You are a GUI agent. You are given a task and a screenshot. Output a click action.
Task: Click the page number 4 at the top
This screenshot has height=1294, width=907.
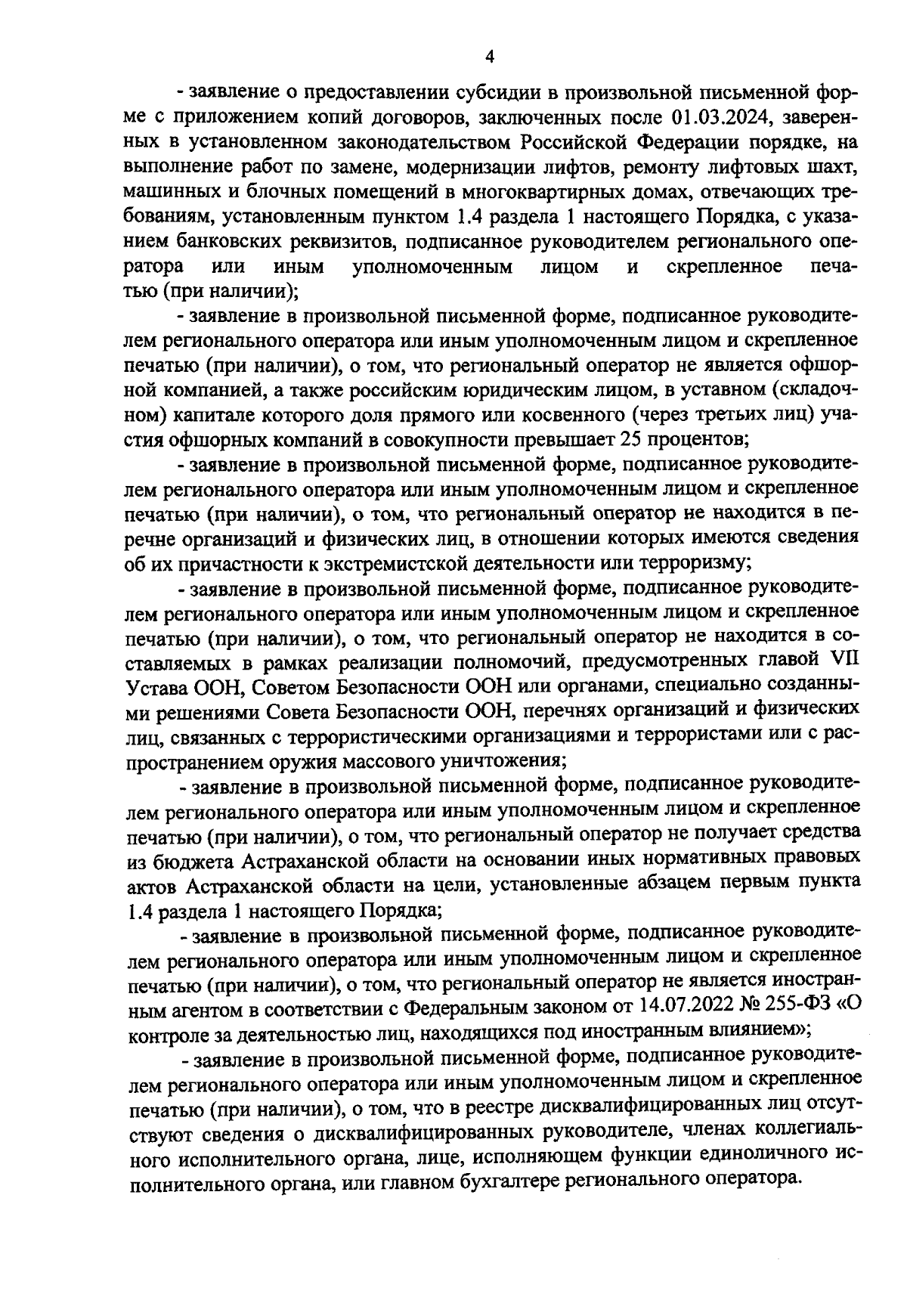pyautogui.click(x=489, y=57)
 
